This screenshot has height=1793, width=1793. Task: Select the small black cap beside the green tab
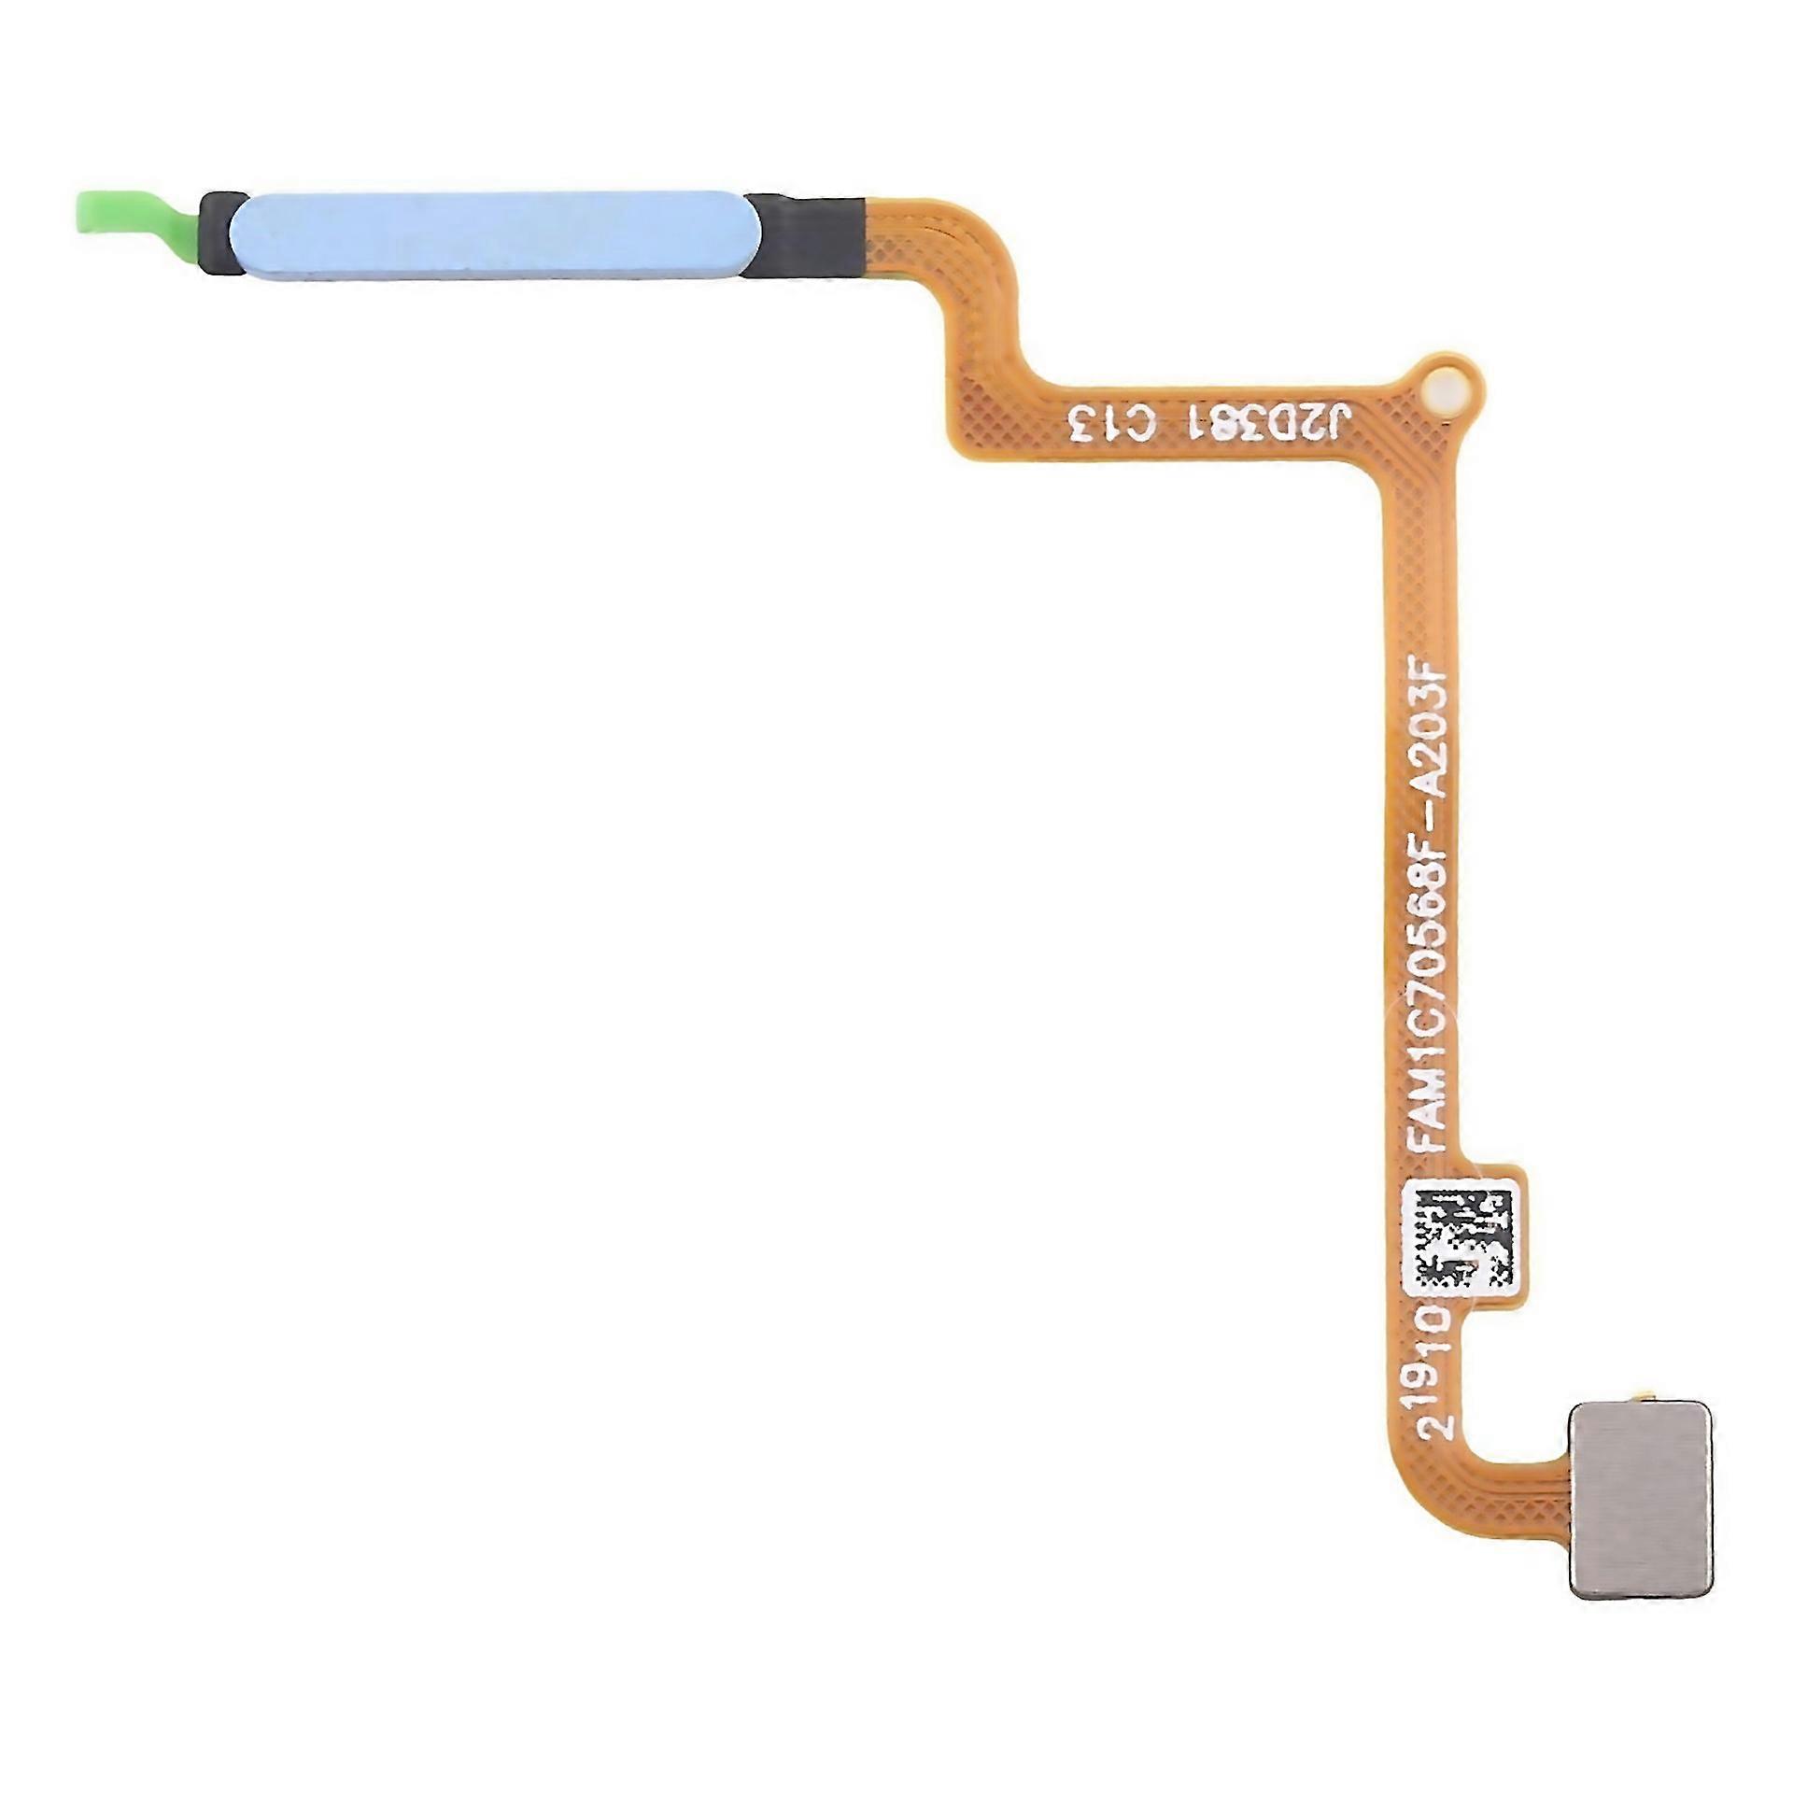point(220,236)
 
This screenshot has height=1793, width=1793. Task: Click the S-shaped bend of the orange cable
point(981,327)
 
